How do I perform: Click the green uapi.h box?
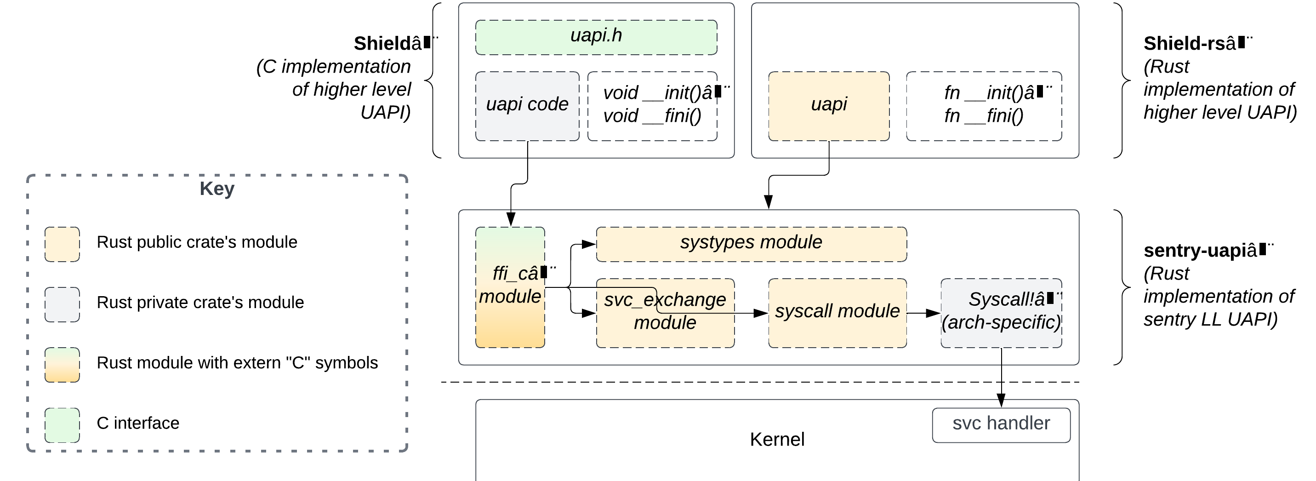pos(596,37)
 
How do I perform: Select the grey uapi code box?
pos(527,106)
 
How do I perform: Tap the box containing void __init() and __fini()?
pos(652,106)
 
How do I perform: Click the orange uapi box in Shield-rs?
pos(828,106)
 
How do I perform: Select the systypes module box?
pos(751,244)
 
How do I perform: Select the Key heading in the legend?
pos(216,189)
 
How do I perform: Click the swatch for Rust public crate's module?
pos(62,244)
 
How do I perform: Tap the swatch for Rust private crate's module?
pos(62,304)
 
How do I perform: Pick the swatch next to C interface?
pos(62,425)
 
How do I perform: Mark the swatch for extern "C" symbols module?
pos(62,365)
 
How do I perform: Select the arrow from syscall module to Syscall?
pos(923,313)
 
